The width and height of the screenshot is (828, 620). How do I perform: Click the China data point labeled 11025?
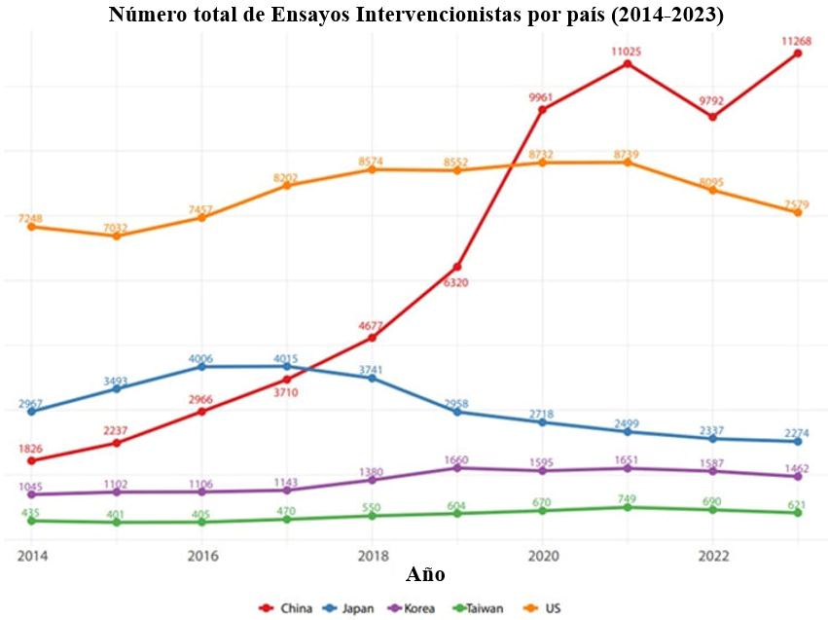point(628,64)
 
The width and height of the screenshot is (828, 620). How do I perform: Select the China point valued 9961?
point(542,110)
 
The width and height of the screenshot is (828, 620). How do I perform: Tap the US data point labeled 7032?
point(117,236)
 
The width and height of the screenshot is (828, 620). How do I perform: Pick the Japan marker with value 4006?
point(202,366)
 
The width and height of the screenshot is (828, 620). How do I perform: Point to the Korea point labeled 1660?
point(457,468)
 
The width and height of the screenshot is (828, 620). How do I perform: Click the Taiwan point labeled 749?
point(628,507)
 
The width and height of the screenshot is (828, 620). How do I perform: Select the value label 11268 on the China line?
point(795,40)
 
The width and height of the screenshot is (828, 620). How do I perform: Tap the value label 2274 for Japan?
point(795,433)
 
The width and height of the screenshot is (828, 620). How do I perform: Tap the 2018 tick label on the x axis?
point(372,555)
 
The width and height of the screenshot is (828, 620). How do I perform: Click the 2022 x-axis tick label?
point(712,555)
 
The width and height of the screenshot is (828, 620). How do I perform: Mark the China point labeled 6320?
point(457,267)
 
